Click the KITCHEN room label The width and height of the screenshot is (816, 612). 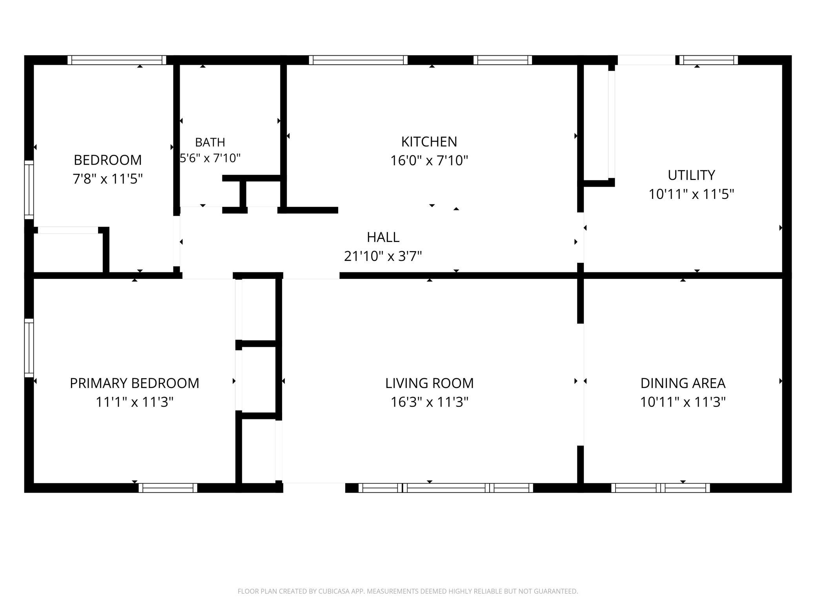click(x=429, y=142)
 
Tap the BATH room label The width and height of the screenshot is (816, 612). click(x=210, y=142)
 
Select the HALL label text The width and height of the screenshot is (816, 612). click(x=383, y=237)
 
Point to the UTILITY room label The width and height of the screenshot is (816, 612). click(x=691, y=175)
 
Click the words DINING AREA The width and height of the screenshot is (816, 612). click(x=683, y=383)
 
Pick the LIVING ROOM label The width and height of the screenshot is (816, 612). click(x=429, y=383)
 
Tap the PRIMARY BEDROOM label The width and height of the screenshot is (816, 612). click(x=135, y=383)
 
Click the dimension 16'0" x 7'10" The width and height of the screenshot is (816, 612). click(x=429, y=160)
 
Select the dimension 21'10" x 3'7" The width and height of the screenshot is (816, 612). click(x=383, y=256)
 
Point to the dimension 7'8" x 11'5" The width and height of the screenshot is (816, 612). click(x=107, y=179)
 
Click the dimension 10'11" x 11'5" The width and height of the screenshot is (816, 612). click(x=691, y=194)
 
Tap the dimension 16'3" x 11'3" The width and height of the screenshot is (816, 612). click(x=430, y=402)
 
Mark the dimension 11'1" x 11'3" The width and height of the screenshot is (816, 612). click(x=135, y=402)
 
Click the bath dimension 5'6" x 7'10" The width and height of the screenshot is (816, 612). click(x=210, y=158)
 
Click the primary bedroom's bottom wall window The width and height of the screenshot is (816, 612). click(x=168, y=488)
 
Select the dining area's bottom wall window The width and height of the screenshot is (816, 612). click(x=661, y=488)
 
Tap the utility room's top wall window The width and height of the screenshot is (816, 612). click(x=709, y=60)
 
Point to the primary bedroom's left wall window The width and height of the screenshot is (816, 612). click(x=29, y=348)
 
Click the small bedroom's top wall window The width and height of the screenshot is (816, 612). click(x=117, y=60)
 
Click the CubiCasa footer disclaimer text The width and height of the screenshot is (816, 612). click(x=408, y=591)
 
